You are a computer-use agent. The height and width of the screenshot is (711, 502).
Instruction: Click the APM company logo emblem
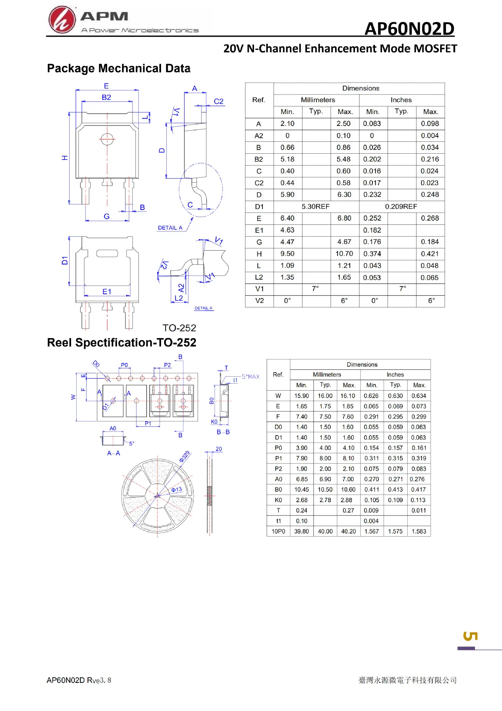tap(62, 20)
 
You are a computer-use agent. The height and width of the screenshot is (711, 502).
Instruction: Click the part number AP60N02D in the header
tap(409, 29)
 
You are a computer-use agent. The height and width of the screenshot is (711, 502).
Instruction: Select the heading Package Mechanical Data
tap(119, 69)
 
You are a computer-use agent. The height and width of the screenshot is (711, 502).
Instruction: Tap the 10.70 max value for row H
tap(344, 254)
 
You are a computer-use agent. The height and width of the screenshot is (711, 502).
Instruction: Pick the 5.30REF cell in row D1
tap(315, 206)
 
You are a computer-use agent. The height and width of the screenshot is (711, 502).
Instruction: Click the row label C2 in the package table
tap(259, 183)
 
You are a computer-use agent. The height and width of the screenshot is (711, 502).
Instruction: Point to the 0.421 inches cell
tap(430, 254)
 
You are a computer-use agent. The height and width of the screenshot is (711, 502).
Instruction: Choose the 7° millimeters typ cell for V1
tap(315, 288)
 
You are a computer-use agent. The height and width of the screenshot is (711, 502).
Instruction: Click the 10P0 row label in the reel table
tap(278, 531)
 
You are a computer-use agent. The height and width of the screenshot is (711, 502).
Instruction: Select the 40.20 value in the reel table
tap(348, 531)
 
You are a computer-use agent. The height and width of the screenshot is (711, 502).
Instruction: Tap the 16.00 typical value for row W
tap(325, 396)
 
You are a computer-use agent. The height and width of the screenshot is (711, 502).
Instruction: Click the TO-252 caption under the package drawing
tap(180, 328)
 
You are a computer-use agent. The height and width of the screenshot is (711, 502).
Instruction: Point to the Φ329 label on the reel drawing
tap(185, 457)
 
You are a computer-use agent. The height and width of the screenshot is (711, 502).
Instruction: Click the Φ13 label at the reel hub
tap(177, 490)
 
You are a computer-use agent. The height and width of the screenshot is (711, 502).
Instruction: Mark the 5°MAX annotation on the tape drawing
tap(251, 377)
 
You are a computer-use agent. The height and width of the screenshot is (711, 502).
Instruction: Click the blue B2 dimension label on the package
tap(106, 97)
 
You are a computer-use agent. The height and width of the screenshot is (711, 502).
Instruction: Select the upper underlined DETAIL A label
tap(170, 228)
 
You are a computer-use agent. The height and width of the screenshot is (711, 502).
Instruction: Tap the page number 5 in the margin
tap(471, 636)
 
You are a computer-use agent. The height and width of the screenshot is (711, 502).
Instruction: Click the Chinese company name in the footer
tap(408, 680)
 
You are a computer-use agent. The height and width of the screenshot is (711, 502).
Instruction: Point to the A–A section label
tap(114, 453)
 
